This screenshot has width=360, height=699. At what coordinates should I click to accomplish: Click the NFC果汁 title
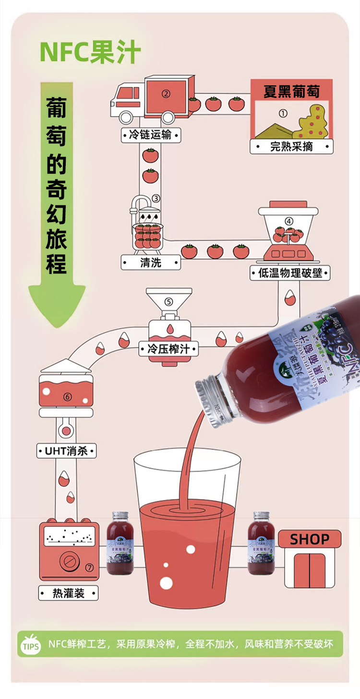(x=90, y=52)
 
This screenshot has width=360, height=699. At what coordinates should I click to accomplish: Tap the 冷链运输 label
(x=150, y=135)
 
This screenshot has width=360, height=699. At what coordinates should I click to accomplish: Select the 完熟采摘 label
(x=291, y=146)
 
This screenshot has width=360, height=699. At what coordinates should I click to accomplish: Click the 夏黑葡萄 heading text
(x=291, y=91)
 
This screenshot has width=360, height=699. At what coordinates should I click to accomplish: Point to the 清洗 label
(x=151, y=262)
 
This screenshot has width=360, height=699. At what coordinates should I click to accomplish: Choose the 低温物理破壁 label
(x=290, y=273)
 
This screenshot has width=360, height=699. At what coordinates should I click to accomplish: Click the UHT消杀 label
(x=67, y=451)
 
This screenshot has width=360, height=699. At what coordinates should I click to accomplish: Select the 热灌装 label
(x=68, y=593)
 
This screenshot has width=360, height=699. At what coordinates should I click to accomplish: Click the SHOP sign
(x=310, y=539)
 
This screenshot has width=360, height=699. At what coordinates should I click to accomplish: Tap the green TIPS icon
(x=31, y=646)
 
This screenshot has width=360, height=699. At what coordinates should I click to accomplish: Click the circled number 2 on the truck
(x=166, y=94)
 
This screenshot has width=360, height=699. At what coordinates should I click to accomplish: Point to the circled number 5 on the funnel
(x=168, y=302)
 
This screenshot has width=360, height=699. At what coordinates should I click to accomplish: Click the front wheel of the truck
(x=126, y=117)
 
